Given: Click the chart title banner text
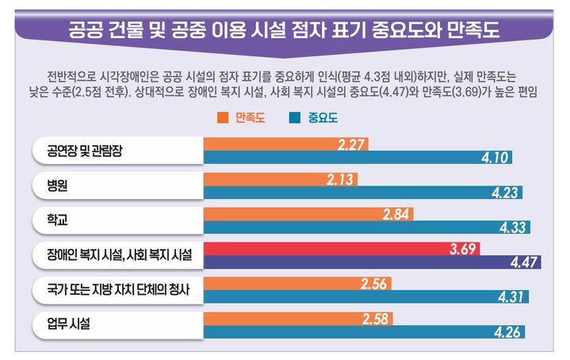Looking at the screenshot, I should [285, 29].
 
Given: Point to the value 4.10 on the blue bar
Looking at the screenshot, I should [495, 158].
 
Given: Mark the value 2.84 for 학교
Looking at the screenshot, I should [396, 213].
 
